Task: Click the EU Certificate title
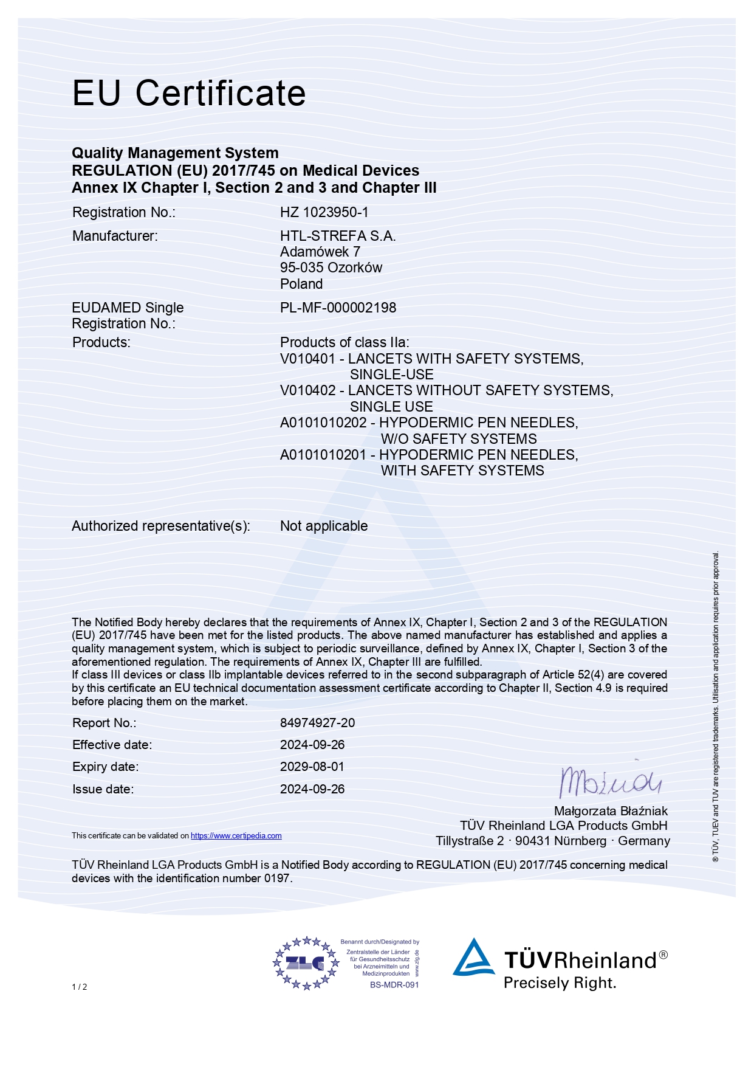188,93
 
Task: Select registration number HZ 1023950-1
324,212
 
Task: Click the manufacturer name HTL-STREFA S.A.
338,236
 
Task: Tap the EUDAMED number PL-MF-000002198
338,308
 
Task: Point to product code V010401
307,359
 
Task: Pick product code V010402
307,390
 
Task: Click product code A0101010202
323,423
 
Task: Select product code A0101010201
323,455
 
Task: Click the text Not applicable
324,526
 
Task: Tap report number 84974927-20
317,723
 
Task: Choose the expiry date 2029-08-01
312,767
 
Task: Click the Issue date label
103,789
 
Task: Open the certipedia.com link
236,836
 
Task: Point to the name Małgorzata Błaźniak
610,811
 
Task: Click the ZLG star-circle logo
306,963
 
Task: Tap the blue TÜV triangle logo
473,958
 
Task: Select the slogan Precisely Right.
560,983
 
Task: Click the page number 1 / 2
80,987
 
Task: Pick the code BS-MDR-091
394,985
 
